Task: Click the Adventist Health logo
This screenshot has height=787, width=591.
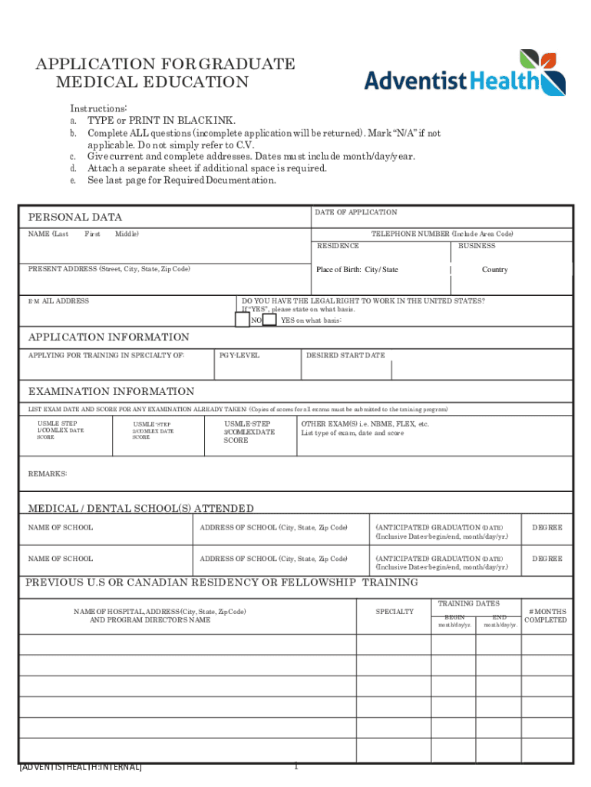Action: coord(464,74)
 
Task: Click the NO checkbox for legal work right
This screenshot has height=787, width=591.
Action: coord(242,320)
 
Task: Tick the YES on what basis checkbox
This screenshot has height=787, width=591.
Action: coord(269,320)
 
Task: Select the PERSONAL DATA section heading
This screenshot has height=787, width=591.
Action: coord(75,218)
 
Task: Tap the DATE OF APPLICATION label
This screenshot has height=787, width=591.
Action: coord(355,212)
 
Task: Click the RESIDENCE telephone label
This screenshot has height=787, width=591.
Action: coord(338,246)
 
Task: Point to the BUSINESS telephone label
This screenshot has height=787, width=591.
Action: coord(477,246)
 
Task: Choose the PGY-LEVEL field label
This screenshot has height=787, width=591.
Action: coord(239,356)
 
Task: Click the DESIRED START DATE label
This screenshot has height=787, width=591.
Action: coord(345,356)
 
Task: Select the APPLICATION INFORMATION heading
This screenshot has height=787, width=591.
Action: coord(108,337)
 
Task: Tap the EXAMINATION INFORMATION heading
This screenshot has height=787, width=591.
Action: coord(111,392)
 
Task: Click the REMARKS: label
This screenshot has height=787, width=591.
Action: coord(48,473)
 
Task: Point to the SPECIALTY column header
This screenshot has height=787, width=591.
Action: coord(395,612)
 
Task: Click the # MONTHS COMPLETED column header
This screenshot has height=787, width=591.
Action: coord(545,616)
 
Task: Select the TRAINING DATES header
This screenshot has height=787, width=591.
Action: coord(468,604)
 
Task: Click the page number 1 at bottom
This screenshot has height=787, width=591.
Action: coord(295,765)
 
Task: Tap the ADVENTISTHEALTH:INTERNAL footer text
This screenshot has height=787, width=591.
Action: coord(81,767)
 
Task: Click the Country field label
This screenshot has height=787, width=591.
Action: coord(494,270)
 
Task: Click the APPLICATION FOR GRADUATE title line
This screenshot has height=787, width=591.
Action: coord(165,65)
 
